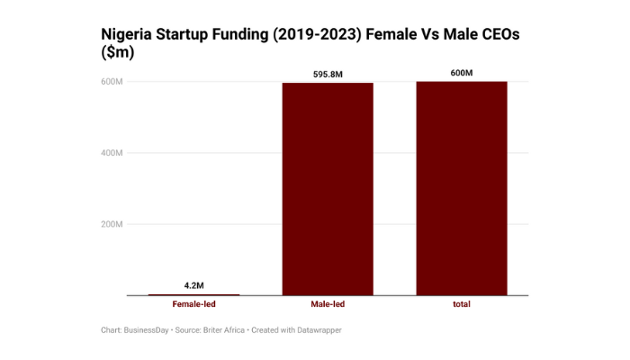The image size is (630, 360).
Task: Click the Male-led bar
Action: click(x=328, y=189)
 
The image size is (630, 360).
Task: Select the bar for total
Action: click(x=461, y=188)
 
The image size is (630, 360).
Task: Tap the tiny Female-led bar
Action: click(x=193, y=294)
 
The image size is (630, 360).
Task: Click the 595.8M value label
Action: click(x=328, y=73)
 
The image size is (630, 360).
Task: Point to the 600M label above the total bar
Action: click(x=461, y=72)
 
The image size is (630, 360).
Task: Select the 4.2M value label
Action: click(x=193, y=285)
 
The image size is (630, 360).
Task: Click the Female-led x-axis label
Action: click(x=193, y=305)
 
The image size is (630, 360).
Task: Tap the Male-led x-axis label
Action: click(x=328, y=305)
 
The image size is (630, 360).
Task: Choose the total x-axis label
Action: click(x=461, y=305)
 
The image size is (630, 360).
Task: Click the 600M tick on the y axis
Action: click(x=112, y=82)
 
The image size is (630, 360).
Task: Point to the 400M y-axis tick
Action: click(x=112, y=153)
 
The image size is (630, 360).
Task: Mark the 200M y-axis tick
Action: click(x=112, y=224)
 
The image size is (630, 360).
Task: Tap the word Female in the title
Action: click(x=420, y=33)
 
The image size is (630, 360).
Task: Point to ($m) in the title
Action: click(x=117, y=53)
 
